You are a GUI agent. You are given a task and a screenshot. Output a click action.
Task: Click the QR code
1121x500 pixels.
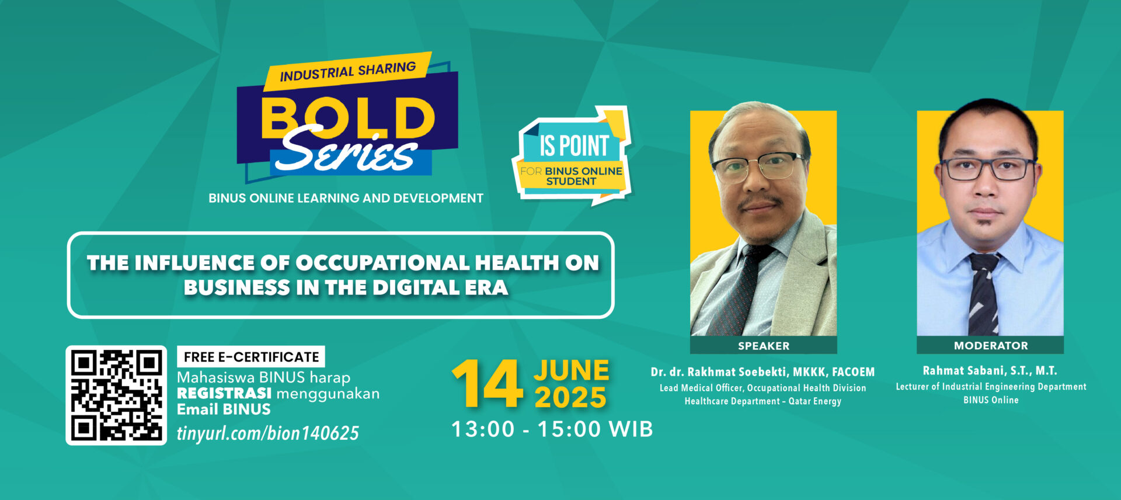coord(116,395)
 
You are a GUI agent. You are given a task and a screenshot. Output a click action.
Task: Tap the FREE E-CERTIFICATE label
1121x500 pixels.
coord(251,357)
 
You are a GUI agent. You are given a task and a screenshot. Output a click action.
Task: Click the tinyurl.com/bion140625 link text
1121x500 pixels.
coord(268,433)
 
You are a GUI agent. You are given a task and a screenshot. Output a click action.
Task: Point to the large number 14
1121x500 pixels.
coord(487,383)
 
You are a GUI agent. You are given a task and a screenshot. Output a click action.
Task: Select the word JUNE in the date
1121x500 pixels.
coord(571,370)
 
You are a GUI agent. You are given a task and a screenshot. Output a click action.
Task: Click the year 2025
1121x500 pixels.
coord(570,398)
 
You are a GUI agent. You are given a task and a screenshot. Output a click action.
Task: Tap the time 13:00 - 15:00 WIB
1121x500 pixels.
coord(552,429)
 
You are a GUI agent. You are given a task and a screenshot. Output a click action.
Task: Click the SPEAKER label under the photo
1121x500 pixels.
coord(764,346)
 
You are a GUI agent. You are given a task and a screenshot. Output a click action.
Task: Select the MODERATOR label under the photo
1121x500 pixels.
coord(991,346)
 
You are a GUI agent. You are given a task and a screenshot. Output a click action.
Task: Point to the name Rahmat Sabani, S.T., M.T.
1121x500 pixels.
coord(990,371)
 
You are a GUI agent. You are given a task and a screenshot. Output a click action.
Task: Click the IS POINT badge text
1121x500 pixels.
coord(574,145)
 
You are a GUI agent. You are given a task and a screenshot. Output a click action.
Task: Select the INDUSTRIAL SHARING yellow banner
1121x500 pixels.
coord(347,71)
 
